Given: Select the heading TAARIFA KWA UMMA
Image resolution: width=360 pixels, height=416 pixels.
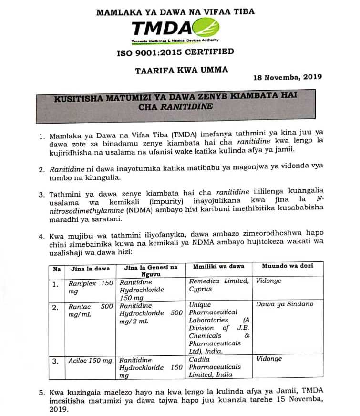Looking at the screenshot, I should (x=182, y=70).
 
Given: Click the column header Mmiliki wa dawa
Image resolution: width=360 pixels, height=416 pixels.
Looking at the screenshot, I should (x=218, y=266).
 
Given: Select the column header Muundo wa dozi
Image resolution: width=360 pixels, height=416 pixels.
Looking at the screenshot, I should (x=288, y=266).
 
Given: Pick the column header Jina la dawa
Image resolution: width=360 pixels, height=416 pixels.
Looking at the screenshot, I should (x=90, y=269).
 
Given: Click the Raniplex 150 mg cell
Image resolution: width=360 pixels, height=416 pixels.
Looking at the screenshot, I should (x=91, y=286).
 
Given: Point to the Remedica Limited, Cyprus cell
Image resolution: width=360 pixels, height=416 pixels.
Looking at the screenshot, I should (x=218, y=285).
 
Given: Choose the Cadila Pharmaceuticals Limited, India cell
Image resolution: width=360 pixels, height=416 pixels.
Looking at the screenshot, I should (x=218, y=367).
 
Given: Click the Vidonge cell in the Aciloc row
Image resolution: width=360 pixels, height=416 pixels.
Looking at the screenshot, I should (x=269, y=359).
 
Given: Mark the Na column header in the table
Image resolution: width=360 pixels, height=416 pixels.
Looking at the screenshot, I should (x=57, y=269).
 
